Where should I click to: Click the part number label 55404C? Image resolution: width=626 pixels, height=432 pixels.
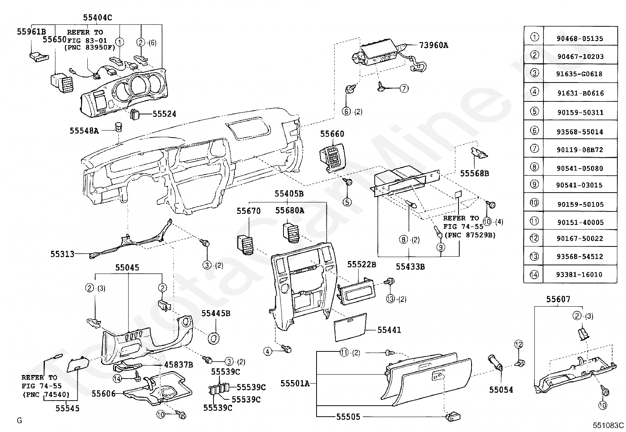[98, 18]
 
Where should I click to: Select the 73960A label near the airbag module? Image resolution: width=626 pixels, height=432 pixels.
[433, 45]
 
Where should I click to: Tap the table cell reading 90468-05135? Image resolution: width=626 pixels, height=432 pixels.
[580, 39]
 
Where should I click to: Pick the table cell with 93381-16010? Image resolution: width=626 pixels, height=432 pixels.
[579, 274]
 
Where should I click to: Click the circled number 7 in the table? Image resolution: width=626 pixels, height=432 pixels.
[534, 148]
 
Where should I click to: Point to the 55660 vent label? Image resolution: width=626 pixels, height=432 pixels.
[332, 134]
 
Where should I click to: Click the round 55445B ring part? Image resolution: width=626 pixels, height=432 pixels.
[214, 339]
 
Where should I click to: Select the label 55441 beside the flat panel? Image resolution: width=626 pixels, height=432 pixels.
[389, 330]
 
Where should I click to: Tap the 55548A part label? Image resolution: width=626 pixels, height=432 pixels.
[84, 131]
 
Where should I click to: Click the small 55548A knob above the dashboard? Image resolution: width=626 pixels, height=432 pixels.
[118, 127]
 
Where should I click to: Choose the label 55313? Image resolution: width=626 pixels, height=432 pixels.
[62, 254]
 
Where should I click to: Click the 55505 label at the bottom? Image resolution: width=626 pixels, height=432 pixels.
[348, 417]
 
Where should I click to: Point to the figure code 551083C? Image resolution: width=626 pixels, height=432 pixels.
[608, 425]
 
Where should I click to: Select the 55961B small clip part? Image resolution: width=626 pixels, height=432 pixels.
[39, 57]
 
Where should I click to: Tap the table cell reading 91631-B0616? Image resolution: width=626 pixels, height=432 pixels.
[580, 93]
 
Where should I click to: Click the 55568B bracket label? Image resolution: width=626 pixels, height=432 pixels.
[475, 173]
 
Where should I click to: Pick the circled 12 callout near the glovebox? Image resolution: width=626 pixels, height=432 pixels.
[518, 344]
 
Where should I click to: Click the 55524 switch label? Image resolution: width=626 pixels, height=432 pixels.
[164, 114]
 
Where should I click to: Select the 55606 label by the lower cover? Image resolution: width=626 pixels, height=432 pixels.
[103, 394]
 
